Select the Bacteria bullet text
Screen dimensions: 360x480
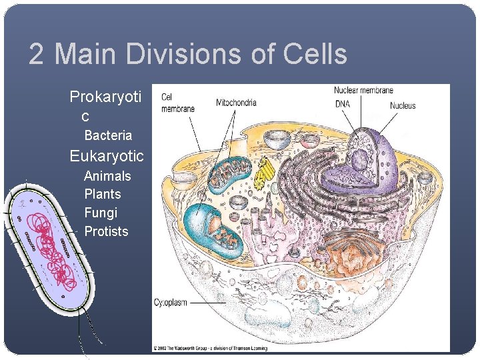pos(108,135)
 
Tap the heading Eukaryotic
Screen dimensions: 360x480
pos(107,156)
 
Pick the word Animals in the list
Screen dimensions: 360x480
pos(107,176)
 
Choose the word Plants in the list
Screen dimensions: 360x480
pos(103,194)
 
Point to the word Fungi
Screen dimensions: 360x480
pos(101,213)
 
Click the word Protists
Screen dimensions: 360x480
pos(106,231)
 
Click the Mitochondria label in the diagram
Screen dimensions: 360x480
pos(236,103)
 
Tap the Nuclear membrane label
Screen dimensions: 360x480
pos(363,90)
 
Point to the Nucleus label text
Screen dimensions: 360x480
pos(403,105)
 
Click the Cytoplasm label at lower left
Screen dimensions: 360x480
pos(171,303)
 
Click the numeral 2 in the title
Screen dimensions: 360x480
pos(36,54)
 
